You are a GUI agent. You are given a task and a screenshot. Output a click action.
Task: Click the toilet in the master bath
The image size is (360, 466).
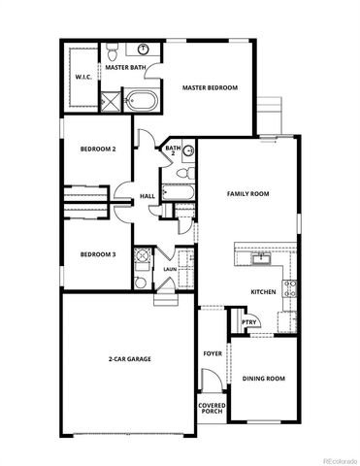(x=113, y=50)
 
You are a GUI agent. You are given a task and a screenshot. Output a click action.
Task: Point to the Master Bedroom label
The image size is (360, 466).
(x=210, y=88)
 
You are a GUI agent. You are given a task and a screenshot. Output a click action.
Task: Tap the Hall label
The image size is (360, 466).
(x=147, y=196)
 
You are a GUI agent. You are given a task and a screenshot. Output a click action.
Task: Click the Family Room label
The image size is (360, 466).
(x=247, y=194)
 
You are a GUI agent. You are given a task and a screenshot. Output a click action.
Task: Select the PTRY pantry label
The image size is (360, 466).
(x=247, y=322)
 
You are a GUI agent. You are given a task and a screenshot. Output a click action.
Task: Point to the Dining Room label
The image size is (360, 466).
(x=263, y=378)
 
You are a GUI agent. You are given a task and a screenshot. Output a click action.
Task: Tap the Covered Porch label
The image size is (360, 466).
(x=212, y=408)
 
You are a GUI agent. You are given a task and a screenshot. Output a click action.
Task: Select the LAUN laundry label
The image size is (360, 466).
(x=169, y=269)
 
